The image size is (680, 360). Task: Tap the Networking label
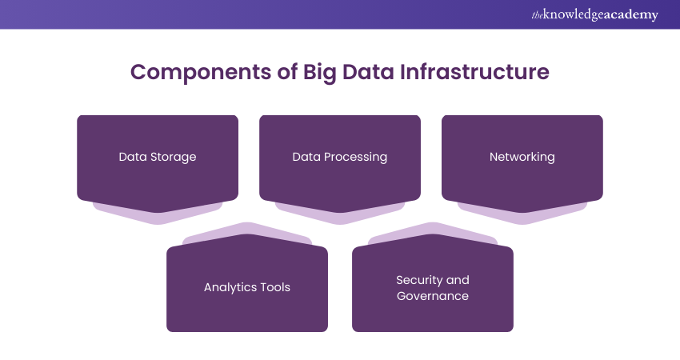click(x=522, y=157)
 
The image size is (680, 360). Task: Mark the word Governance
click(x=433, y=296)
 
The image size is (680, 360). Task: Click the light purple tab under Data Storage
click(x=158, y=214)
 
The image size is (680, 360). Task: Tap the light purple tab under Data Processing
click(x=340, y=214)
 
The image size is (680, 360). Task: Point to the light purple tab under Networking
click(x=522, y=214)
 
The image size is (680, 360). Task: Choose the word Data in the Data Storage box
click(x=132, y=157)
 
